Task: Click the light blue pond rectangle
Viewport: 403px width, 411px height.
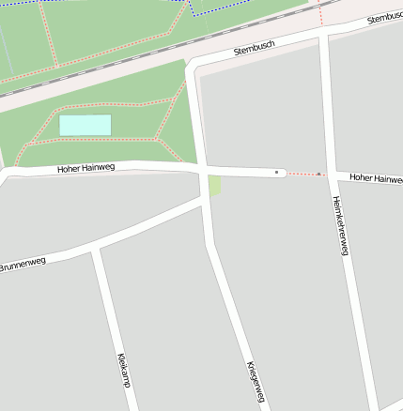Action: tap(85, 125)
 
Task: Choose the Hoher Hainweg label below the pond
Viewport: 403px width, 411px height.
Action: tap(85, 169)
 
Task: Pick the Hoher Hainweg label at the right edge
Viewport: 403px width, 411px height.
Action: tap(376, 177)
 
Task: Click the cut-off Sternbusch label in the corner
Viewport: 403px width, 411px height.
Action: tap(385, 17)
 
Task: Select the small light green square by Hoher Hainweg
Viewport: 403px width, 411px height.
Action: tap(215, 186)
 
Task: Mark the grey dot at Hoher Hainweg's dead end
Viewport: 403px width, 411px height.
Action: tap(276, 173)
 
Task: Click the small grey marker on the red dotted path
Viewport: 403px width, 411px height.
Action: tap(319, 174)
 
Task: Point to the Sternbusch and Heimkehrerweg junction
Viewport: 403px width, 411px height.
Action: tap(324, 32)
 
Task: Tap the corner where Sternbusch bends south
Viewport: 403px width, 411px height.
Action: tap(193, 68)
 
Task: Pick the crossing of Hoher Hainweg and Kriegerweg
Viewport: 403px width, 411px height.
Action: tap(203, 172)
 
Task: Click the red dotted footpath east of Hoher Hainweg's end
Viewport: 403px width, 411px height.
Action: tap(302, 174)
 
